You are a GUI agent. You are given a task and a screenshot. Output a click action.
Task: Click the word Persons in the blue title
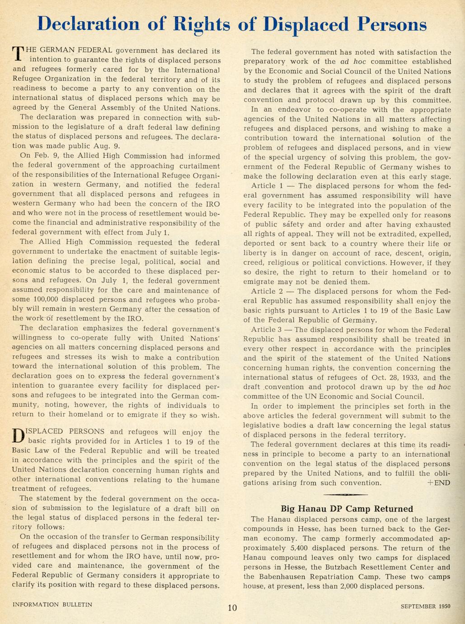pyautogui.click(x=391, y=24)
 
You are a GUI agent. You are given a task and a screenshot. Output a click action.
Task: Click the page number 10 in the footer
pyautogui.click(x=232, y=608)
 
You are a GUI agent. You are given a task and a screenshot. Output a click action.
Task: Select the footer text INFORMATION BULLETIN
pyautogui.click(x=52, y=604)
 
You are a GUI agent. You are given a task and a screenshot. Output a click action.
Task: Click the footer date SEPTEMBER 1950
pyautogui.click(x=425, y=606)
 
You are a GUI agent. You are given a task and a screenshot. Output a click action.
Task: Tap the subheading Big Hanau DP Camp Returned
pyautogui.click(x=347, y=509)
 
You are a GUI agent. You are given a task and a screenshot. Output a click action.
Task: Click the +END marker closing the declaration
pyautogui.click(x=438, y=482)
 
